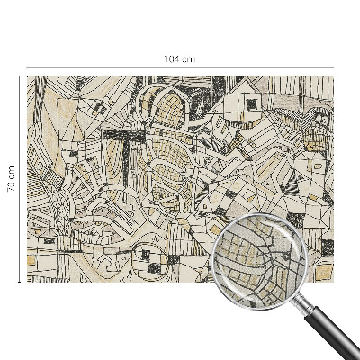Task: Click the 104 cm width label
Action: [x=179, y=59]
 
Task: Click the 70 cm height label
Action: [x=12, y=178]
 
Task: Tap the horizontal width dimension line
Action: [x=108, y=66]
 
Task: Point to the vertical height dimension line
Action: [x=19, y=225]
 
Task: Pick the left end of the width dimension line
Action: [x=28, y=66]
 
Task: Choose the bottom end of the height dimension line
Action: [x=19, y=282]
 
